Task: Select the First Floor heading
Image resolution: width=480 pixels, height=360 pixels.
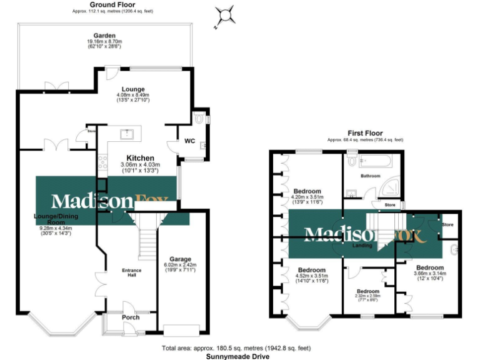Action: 366,133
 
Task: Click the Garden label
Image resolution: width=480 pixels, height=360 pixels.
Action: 104,36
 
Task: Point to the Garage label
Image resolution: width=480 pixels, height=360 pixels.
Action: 179,259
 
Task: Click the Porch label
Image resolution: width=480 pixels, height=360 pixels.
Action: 131,317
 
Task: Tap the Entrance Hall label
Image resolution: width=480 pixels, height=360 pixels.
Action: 131,272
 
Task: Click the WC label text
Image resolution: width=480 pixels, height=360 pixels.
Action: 189,141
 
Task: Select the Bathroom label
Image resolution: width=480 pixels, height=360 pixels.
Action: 369,176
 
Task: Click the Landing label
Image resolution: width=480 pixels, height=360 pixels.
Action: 362,246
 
